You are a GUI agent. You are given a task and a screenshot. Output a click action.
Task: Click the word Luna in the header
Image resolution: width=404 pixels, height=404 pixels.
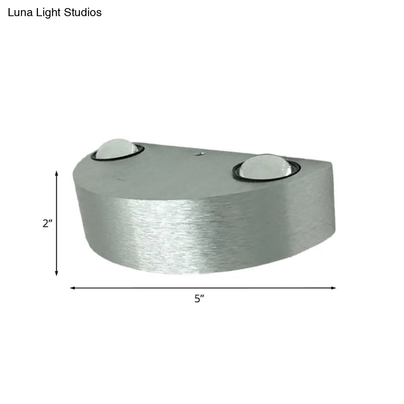pyautogui.click(x=19, y=13)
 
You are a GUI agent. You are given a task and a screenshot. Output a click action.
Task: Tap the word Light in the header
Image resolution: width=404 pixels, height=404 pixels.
pyautogui.click(x=48, y=13)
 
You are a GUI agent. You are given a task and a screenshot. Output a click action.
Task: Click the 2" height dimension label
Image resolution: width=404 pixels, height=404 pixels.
pyautogui.click(x=48, y=223)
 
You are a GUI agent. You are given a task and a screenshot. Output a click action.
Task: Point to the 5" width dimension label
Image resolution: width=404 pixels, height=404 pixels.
pyautogui.click(x=200, y=299)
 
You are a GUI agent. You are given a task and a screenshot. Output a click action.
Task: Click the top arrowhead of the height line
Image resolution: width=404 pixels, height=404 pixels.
pyautogui.click(x=57, y=173)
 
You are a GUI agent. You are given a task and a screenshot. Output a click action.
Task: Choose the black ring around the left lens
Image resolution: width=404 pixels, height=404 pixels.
pyautogui.click(x=97, y=156)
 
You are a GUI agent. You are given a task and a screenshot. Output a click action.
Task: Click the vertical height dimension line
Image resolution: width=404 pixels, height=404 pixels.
pyautogui.click(x=57, y=242)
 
